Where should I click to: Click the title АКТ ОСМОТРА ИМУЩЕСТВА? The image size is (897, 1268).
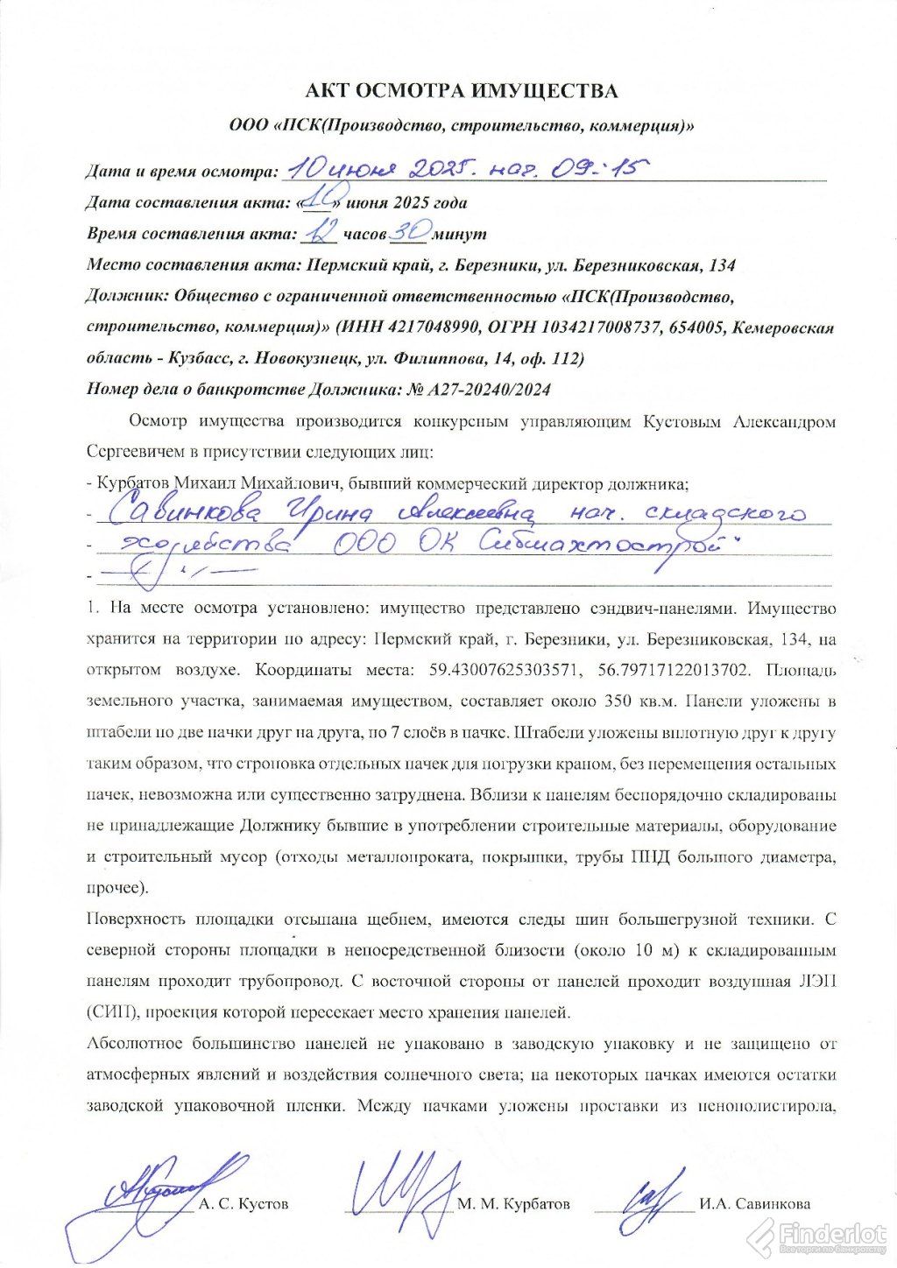[461, 91]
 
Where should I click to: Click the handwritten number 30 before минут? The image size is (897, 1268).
[410, 232]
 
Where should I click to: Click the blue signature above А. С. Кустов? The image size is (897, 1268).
[158, 1191]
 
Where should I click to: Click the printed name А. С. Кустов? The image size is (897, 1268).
[244, 1204]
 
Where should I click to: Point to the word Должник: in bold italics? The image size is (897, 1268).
[128, 296]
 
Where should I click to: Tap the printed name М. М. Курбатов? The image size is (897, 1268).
[513, 1204]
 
